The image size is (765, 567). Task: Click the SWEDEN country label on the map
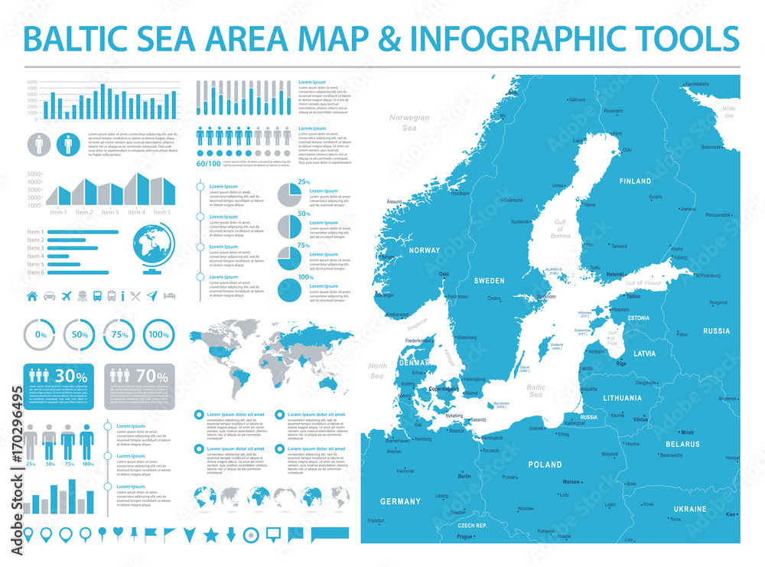point(490,281)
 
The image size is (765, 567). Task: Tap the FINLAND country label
point(636,181)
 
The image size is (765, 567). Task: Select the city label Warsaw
point(571,483)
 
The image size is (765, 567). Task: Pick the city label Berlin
point(464,477)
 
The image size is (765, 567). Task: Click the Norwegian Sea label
point(409,122)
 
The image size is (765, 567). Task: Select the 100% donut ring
point(158,335)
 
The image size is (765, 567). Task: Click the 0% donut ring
point(41,335)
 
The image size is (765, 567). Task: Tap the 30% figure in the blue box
point(70,376)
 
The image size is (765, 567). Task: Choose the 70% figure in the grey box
point(151,376)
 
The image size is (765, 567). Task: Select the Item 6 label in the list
point(35,272)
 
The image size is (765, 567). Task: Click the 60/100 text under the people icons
point(207,164)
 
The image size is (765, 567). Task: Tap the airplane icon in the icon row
point(67,295)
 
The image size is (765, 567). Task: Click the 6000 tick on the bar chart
point(31,82)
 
